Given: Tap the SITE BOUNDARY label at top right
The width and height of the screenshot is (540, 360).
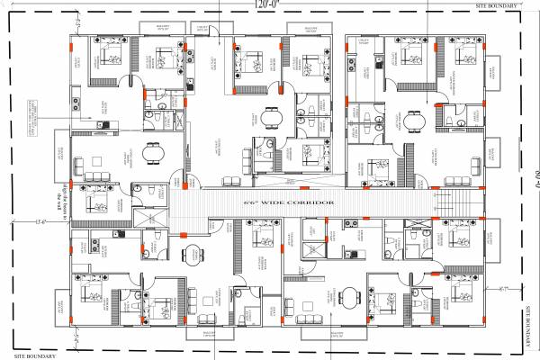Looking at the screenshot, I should [499, 6].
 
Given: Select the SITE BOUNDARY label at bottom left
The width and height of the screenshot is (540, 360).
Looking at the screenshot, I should [28, 353].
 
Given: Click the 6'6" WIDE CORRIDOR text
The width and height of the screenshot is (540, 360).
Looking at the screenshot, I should [289, 203].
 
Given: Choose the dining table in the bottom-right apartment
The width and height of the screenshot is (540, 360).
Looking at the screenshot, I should [350, 297].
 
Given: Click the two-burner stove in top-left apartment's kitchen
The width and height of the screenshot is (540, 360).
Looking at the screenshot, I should [102, 123].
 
